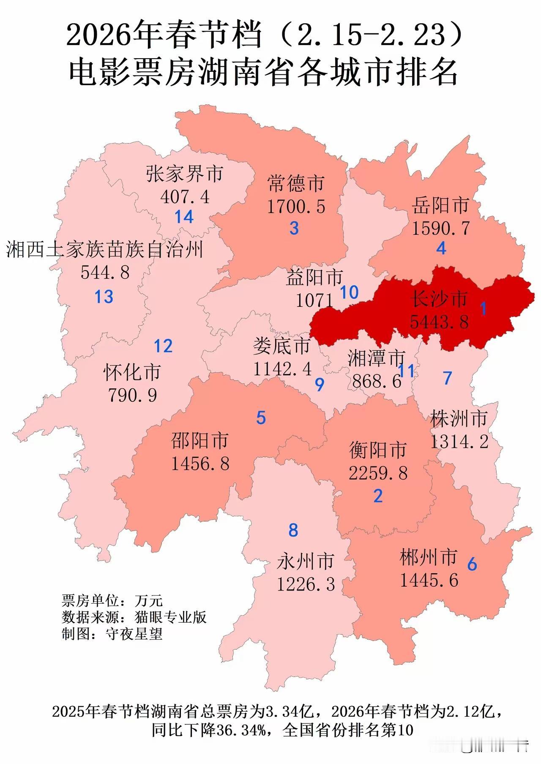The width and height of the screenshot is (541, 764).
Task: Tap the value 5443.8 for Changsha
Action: pos(440,322)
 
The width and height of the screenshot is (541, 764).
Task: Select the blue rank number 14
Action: pos(184,217)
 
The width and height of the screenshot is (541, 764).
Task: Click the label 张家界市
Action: pos(185,174)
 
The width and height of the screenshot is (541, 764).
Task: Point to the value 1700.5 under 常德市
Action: pos(296,206)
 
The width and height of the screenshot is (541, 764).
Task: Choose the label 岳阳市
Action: pos(441,206)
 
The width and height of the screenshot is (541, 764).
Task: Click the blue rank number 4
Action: pos(441,248)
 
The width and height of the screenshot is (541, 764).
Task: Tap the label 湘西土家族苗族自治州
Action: pos(105,249)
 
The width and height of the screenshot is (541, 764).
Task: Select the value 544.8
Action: pos(105,272)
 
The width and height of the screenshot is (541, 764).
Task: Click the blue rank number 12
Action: pos(163,346)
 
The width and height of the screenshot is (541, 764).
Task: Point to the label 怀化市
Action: pos(132,372)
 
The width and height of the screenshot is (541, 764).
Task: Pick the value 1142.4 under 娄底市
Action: pos(282,369)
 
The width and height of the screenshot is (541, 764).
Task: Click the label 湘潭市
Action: pos(376,358)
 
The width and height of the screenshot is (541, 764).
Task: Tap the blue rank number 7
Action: pos(448,378)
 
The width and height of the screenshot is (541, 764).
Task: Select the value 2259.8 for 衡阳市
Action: pos(378,473)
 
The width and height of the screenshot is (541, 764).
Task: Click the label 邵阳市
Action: pos(200,441)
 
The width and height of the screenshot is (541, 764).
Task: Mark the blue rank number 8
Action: pos(293,530)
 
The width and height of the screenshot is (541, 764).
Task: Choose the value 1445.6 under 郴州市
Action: pos(429,580)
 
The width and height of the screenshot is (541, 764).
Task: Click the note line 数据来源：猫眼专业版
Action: pos(134,617)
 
